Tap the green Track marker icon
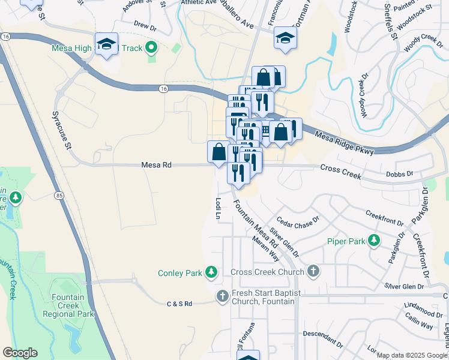pyautogui.click(x=151, y=47)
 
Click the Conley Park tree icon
pyautogui.click(x=211, y=273)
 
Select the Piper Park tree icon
pyautogui.click(x=374, y=241)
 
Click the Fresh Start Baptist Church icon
pyautogui.click(x=223, y=296)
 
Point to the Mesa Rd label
pyautogui.click(x=157, y=164)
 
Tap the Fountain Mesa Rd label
pyautogui.click(x=256, y=223)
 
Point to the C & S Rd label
pyautogui.click(x=179, y=304)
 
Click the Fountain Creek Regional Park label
pyautogui.click(x=72, y=305)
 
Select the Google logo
pyautogui.click(x=20, y=353)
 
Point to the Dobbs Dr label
pyautogui.click(x=400, y=174)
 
